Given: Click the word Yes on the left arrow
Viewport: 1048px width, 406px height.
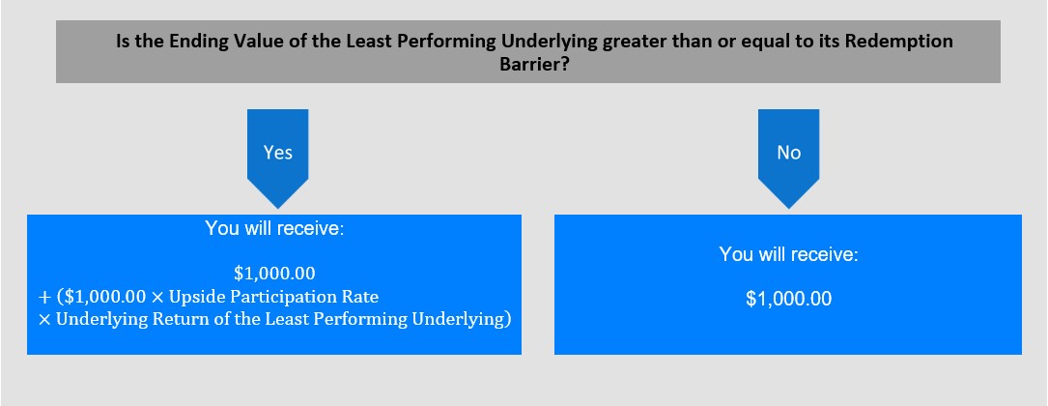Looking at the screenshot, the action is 277,153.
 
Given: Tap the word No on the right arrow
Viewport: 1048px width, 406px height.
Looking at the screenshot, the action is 789,153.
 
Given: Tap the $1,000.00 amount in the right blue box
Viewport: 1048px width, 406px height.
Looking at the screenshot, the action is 789,299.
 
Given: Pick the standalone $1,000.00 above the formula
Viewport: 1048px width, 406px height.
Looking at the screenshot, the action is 274,274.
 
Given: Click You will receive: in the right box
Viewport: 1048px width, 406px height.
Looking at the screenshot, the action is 789,255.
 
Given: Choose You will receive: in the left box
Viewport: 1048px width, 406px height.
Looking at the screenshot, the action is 274,228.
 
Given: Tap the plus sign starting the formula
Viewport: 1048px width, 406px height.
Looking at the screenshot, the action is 45,297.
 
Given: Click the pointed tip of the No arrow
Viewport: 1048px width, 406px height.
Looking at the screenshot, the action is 789,208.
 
